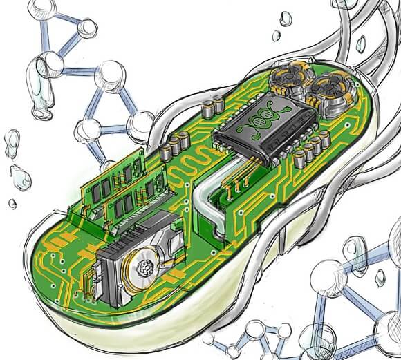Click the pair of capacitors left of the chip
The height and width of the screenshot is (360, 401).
click(170, 145)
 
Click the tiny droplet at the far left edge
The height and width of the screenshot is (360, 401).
click(12, 203)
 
